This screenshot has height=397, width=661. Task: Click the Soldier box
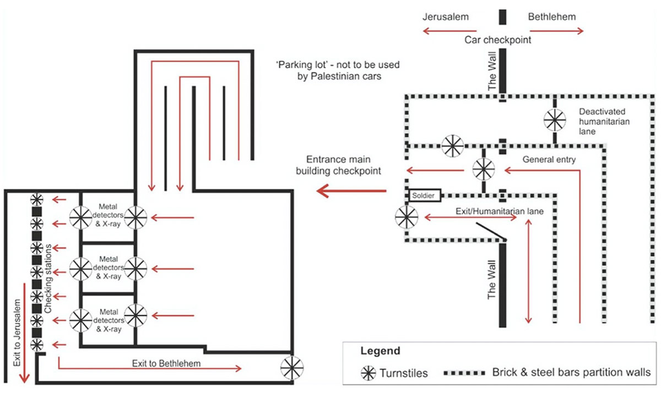[x=426, y=195]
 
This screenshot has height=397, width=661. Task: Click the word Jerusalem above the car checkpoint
[x=446, y=17]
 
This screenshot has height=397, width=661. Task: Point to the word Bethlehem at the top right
[x=552, y=17]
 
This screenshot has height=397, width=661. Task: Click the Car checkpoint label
[x=497, y=40]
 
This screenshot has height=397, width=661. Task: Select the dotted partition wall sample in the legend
[x=465, y=372]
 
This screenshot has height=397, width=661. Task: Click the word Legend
[x=380, y=351]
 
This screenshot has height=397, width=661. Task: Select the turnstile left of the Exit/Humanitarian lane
[x=407, y=216]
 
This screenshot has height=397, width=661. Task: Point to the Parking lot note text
[x=338, y=71]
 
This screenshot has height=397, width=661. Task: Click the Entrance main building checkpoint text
[x=338, y=164]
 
